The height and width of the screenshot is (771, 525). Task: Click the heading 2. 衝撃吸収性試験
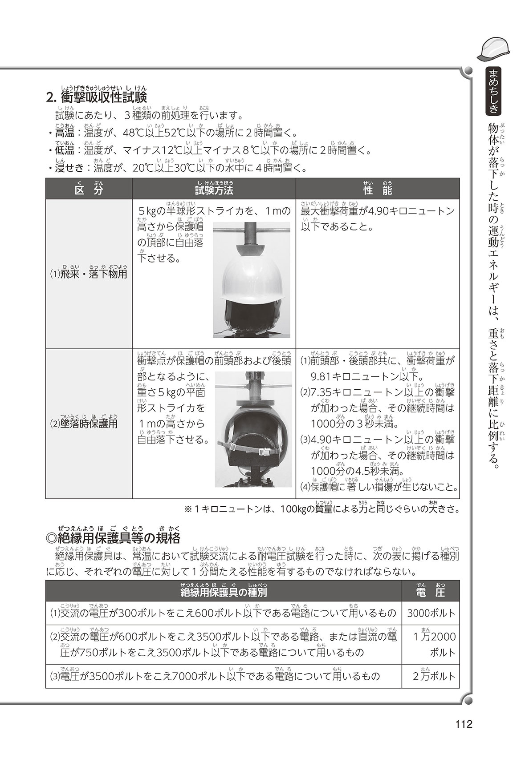tap(96, 97)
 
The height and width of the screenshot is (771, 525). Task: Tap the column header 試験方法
tap(214, 190)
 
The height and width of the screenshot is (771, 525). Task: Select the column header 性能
tap(377, 190)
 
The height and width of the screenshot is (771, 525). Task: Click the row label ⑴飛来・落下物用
tap(88, 273)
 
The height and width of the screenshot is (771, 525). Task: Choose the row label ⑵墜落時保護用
tap(83, 423)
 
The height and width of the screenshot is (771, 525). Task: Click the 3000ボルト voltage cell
tap(431, 614)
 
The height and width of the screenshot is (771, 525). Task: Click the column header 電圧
tap(430, 591)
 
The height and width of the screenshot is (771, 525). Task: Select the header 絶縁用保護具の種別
tap(224, 591)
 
